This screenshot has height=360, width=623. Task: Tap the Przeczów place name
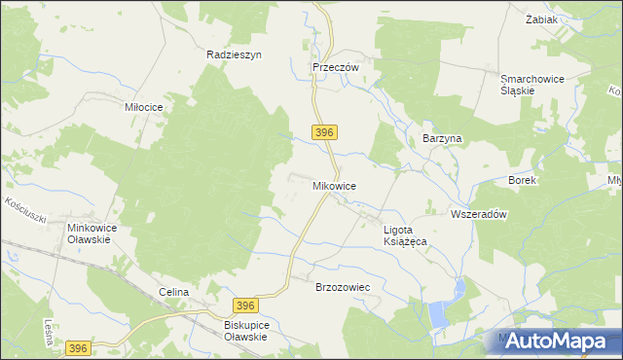click(x=336, y=67)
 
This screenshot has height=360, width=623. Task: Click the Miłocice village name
click(x=143, y=106)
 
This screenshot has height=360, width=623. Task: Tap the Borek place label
click(x=523, y=181)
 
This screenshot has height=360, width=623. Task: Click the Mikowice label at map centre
click(x=334, y=185)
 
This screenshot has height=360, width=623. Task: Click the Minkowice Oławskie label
click(x=92, y=234)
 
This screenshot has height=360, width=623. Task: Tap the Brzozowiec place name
click(x=344, y=288)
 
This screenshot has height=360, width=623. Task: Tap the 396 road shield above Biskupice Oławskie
click(x=247, y=306)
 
